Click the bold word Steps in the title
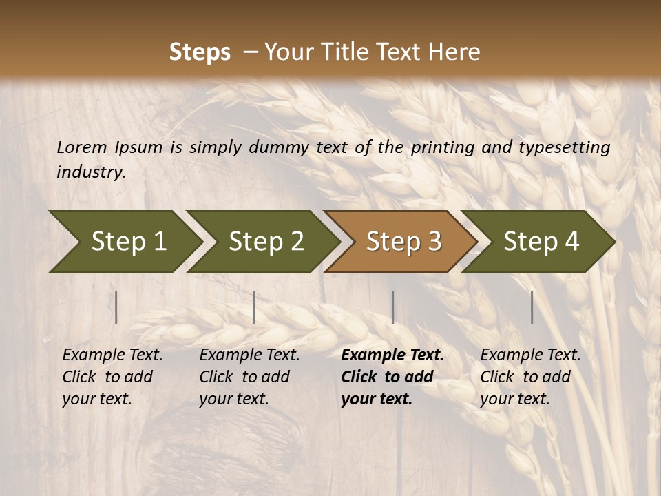pyautogui.click(x=200, y=52)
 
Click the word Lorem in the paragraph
pyautogui.click(x=82, y=147)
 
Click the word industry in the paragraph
pyautogui.click(x=91, y=172)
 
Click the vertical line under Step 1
pyautogui.click(x=116, y=307)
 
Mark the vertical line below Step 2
pyautogui.click(x=254, y=307)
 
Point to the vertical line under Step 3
pyautogui.click(x=392, y=307)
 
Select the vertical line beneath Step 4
pyautogui.click(x=532, y=307)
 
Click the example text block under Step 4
pyautogui.click(x=530, y=377)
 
